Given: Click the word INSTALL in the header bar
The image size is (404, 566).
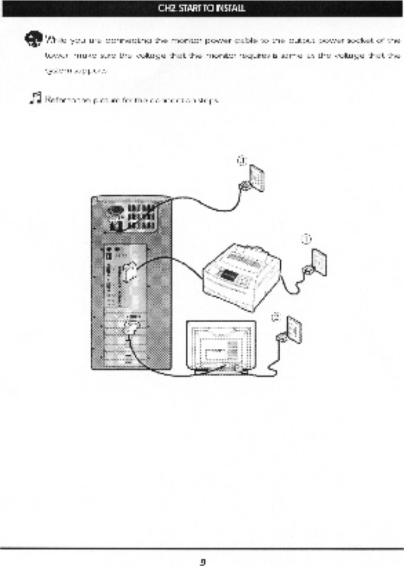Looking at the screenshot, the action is (229, 8).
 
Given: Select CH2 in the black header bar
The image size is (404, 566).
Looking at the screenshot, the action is (168, 8).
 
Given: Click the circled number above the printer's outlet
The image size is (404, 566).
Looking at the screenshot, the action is (307, 239).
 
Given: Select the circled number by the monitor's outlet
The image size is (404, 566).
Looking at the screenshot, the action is (276, 317).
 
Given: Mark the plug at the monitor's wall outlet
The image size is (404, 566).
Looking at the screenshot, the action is (280, 337).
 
